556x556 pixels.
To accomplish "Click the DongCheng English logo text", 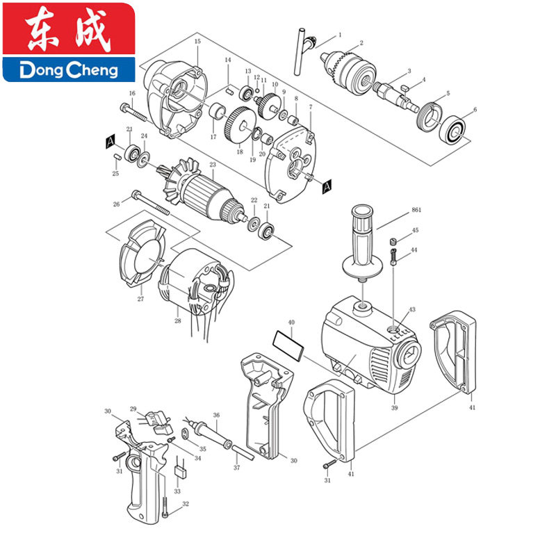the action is (69, 70).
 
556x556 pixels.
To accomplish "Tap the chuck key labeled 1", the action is (304, 49).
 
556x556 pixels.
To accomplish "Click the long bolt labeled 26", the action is (150, 203).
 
